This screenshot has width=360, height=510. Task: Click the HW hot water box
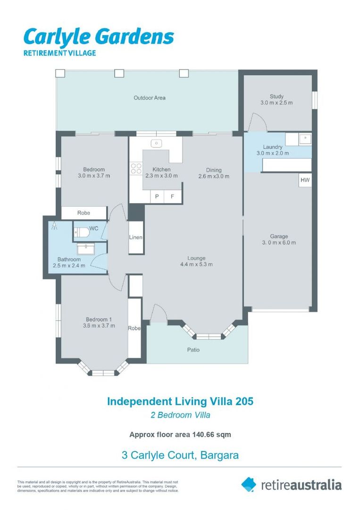[x=305, y=180]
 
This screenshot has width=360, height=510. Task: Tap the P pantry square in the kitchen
[x=157, y=196]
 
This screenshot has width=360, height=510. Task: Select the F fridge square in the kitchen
[x=172, y=196]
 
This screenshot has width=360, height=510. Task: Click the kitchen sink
[x=157, y=143]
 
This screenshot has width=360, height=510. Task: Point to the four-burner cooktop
[x=136, y=168]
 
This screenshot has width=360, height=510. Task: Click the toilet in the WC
[x=82, y=232]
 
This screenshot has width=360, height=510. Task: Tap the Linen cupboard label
[x=136, y=237]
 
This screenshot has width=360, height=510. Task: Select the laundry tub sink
[x=305, y=139]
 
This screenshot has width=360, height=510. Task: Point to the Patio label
[x=193, y=349]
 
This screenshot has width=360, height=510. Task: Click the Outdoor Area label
[x=150, y=98]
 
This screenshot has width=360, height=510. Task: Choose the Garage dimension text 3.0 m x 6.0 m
[x=279, y=242]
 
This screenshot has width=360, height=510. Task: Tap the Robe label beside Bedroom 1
[x=134, y=328]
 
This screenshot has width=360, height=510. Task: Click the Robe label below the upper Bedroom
[x=84, y=212]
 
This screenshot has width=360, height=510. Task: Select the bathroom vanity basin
[x=86, y=248]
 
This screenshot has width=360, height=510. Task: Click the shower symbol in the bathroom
[x=54, y=225]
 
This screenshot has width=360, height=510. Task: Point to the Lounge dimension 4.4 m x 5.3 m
[x=197, y=264]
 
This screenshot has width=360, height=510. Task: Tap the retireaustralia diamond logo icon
[x=249, y=484]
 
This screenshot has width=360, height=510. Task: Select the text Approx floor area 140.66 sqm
[x=180, y=434]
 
